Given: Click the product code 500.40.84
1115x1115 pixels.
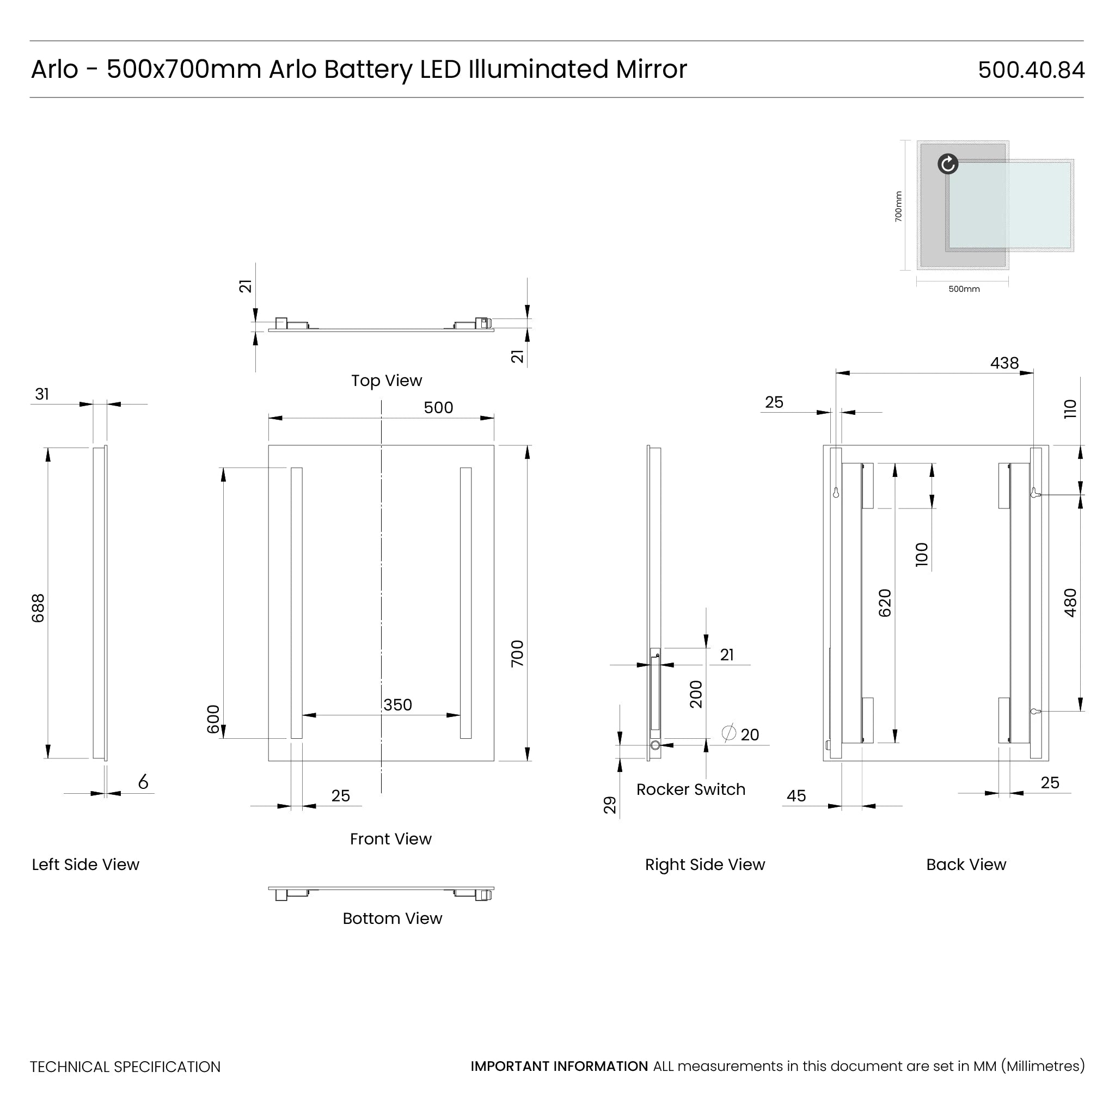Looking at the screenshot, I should pyautogui.click(x=1031, y=70).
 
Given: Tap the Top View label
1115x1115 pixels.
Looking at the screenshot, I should pyautogui.click(x=387, y=381).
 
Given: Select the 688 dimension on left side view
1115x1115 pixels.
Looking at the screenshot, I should pyautogui.click(x=38, y=608).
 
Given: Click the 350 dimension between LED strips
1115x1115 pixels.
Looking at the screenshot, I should pyautogui.click(x=397, y=704).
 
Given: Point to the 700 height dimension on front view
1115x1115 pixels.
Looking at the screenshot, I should pyautogui.click(x=517, y=653).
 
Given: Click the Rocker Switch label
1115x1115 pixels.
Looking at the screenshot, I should pyautogui.click(x=690, y=789).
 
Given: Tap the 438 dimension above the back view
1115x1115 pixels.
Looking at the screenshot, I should pyautogui.click(x=1004, y=363).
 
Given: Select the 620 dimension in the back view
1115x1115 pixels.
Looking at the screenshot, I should pyautogui.click(x=885, y=603).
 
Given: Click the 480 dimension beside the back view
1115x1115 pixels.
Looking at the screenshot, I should pyautogui.click(x=1070, y=603).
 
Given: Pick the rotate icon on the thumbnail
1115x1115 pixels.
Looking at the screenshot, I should pyautogui.click(x=948, y=164).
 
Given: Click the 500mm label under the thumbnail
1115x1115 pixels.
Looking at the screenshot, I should pyautogui.click(x=964, y=289).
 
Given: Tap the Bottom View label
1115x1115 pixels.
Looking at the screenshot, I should pyautogui.click(x=392, y=918).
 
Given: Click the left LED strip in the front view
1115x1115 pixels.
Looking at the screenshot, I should pyautogui.click(x=297, y=603).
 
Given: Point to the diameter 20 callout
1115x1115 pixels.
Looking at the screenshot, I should pyautogui.click(x=741, y=734).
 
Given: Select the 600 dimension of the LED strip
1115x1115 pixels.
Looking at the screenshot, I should pyautogui.click(x=213, y=719).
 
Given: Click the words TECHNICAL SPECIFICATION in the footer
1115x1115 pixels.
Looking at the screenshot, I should pyautogui.click(x=125, y=1067).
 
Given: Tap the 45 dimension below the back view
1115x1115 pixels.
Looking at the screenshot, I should pyautogui.click(x=796, y=796).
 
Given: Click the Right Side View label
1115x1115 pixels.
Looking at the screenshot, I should pyautogui.click(x=704, y=865).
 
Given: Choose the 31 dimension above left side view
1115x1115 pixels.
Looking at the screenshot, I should pyautogui.click(x=42, y=394).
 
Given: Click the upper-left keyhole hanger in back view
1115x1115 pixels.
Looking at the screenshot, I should pyautogui.click(x=836, y=493).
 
